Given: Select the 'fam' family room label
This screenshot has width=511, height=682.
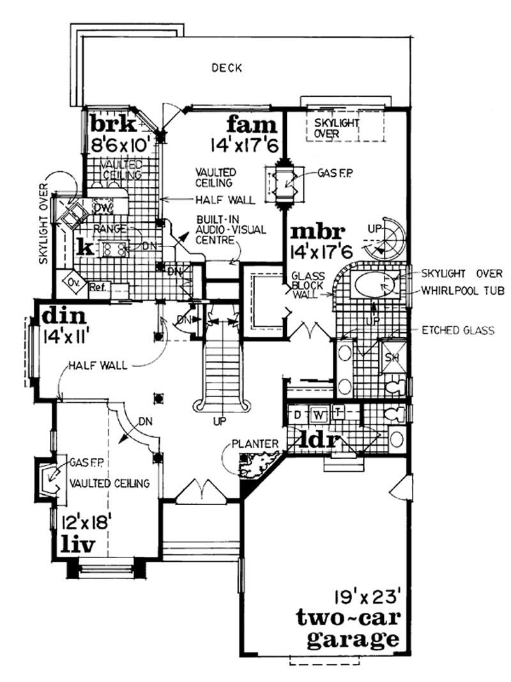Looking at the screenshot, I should tap(254, 123).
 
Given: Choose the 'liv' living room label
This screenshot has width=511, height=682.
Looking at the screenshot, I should tap(78, 544).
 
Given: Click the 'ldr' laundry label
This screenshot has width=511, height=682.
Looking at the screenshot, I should tap(318, 442).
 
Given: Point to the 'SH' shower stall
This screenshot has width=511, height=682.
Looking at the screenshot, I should tap(389, 357).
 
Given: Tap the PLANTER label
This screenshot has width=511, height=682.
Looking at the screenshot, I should tap(255, 443).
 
